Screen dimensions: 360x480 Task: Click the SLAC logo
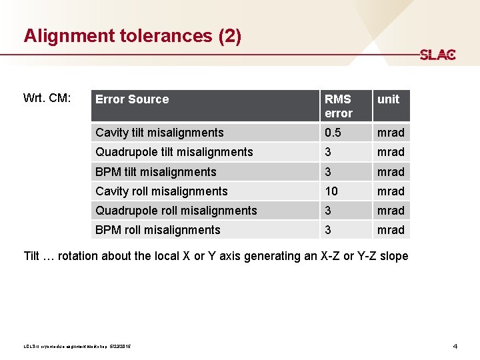(x=437, y=55)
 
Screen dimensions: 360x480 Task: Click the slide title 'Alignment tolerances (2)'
(x=132, y=36)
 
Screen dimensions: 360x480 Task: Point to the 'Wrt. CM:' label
(x=47, y=99)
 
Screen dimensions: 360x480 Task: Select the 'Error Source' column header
(x=132, y=99)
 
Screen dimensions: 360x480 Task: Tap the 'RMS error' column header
(x=339, y=106)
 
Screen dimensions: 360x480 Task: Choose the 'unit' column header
(x=388, y=99)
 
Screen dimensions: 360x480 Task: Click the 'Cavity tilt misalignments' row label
(x=159, y=133)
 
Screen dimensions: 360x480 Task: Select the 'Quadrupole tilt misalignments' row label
(x=174, y=152)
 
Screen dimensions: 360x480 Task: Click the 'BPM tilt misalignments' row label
(x=156, y=172)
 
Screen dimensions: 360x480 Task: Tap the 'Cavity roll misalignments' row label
(x=161, y=191)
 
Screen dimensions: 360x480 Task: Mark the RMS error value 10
(x=331, y=191)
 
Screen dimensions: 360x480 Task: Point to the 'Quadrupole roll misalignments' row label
(x=176, y=211)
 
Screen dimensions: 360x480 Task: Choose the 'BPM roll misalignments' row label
(x=158, y=230)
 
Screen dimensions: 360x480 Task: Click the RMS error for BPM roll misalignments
(x=329, y=230)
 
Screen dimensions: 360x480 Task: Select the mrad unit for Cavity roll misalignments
(x=391, y=191)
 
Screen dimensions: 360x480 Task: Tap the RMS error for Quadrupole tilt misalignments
(x=329, y=152)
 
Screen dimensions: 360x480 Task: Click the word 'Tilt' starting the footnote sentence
(x=32, y=256)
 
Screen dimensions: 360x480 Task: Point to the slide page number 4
(x=455, y=346)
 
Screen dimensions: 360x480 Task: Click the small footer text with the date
(x=77, y=347)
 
